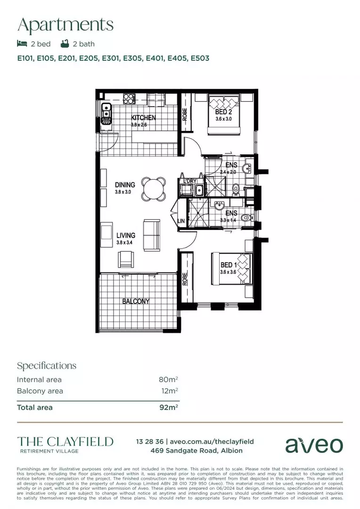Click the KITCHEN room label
(143, 118)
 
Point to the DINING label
(125, 185)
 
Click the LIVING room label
(126, 235)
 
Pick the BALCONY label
(136, 301)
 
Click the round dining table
(155, 189)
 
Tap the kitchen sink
(106, 113)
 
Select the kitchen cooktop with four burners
(129, 99)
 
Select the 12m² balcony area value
(169, 391)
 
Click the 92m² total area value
(168, 407)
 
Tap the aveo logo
(314, 444)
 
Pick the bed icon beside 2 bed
(22, 44)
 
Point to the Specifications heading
(46, 366)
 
